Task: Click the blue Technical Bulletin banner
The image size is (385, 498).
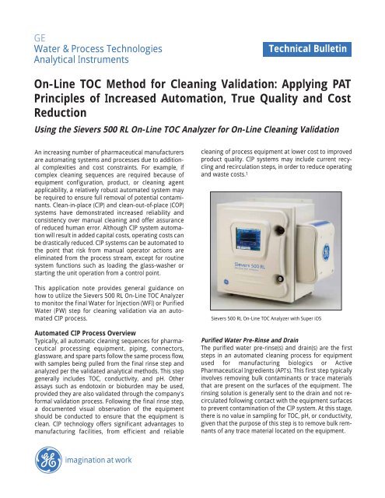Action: click(x=310, y=51)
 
